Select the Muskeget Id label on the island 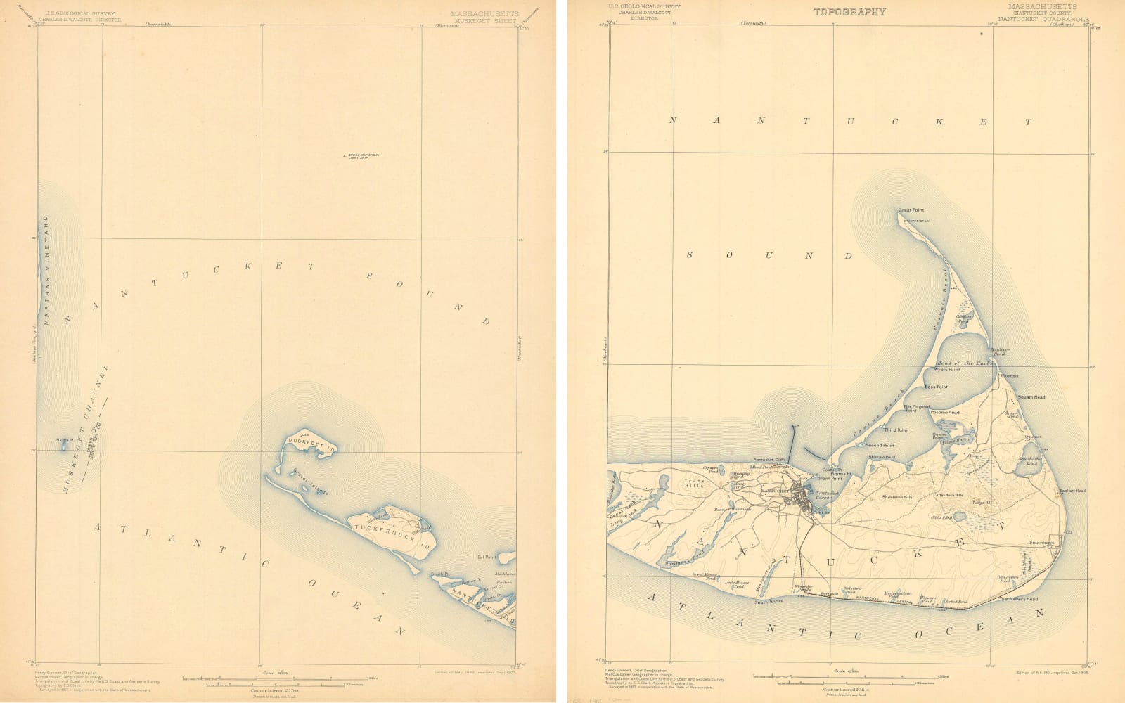pos(312,447)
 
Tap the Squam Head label pos(1031,397)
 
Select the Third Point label pos(895,430)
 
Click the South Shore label pos(769,602)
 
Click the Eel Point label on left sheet pos(487,557)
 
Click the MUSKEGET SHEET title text pos(485,21)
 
